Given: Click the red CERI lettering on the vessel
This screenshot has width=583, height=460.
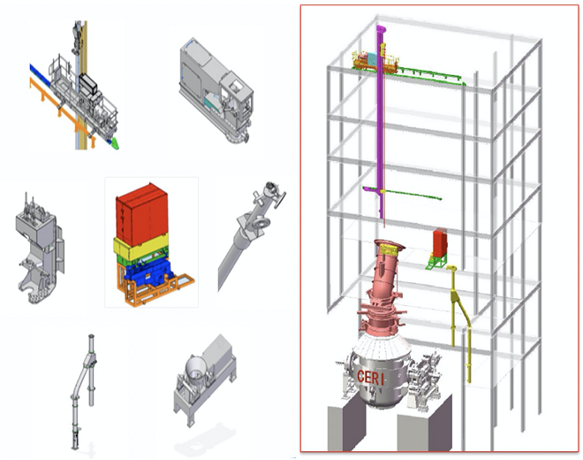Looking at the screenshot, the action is (370, 378).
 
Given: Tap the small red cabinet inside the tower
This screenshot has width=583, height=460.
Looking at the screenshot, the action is (440, 243).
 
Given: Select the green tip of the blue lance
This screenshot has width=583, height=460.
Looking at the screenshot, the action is (115, 143).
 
